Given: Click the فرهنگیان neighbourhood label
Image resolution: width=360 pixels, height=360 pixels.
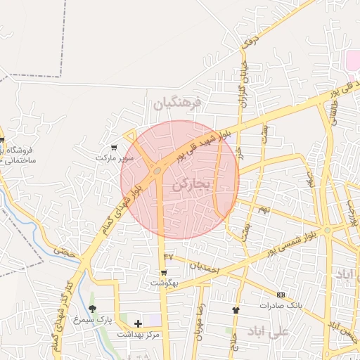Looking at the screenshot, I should tap(177, 103).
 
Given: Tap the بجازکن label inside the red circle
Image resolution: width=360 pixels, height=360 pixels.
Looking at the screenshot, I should tap(191, 184).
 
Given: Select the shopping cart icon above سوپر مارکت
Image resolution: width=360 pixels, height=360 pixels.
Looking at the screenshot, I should tap(114, 148).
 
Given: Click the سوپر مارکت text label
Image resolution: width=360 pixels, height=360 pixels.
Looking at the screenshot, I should tap(115, 158).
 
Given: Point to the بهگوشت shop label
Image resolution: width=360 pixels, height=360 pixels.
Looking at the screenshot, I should tap(165, 283).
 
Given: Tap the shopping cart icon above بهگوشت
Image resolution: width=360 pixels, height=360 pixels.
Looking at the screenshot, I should tap(165, 272).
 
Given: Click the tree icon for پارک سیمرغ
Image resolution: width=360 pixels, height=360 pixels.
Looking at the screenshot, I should tap(92, 309).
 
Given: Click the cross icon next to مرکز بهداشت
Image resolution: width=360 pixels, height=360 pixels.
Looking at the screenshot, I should tap(138, 323).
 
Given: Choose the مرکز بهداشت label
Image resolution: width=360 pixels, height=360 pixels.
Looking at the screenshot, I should tap(140, 334).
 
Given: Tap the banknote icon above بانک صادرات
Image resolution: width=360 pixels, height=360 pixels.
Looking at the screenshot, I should tap(281, 295).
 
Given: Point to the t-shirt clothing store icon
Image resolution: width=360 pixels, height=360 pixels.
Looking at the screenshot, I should tap(236, 309).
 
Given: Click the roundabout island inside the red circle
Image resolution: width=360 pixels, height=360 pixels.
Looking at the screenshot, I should tap(156, 170).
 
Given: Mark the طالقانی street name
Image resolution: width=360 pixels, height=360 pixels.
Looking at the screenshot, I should tap(333, 111).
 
